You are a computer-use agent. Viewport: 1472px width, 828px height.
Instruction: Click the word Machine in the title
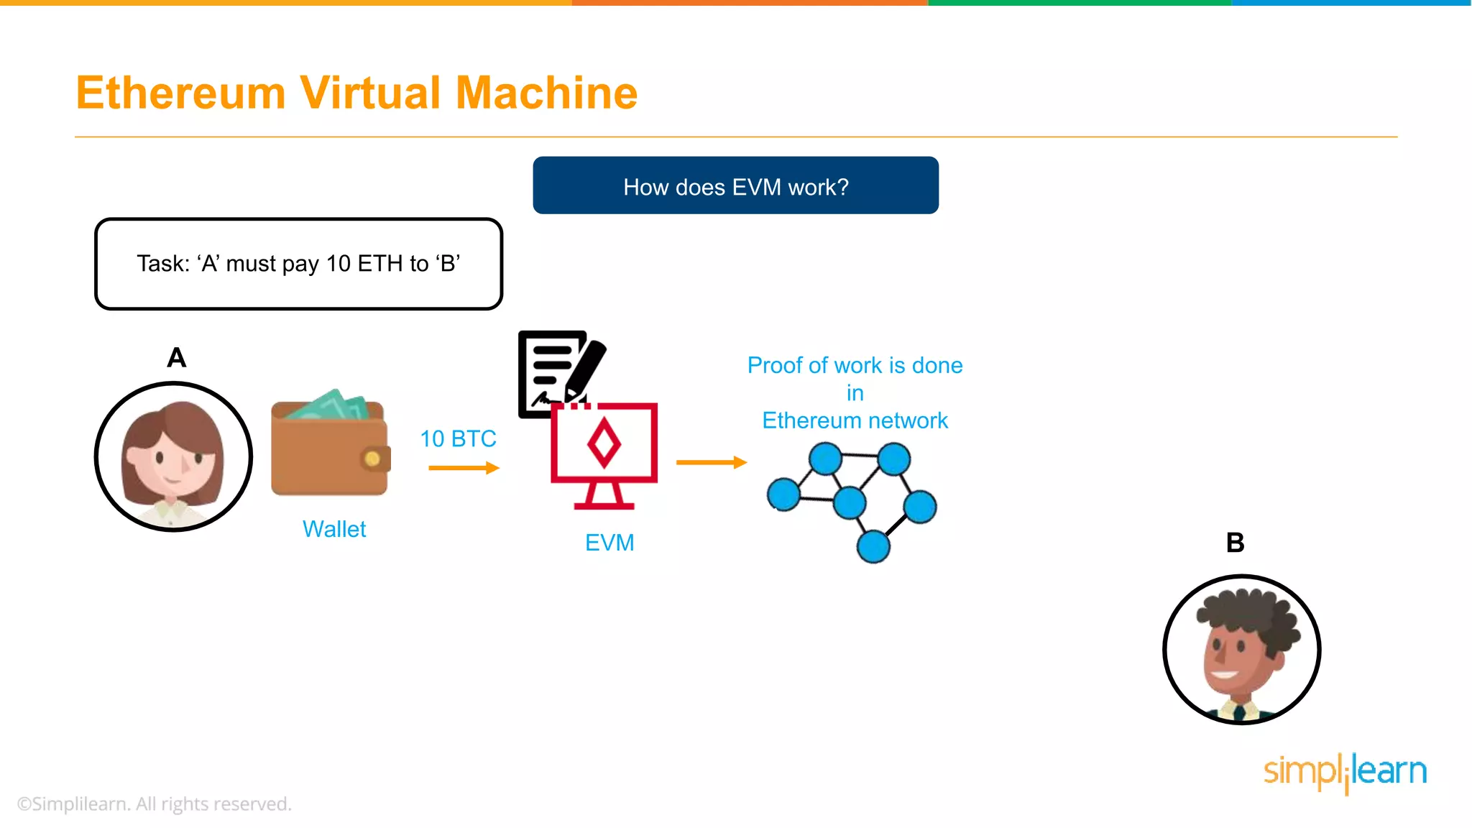point(546,93)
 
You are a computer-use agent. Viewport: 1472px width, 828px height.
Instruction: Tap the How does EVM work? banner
point(735,185)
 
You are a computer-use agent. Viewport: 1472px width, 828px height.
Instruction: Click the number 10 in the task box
point(338,264)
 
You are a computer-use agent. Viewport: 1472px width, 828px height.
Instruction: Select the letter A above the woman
point(176,357)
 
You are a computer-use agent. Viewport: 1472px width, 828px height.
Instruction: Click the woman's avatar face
point(172,460)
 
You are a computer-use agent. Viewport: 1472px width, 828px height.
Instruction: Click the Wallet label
point(334,529)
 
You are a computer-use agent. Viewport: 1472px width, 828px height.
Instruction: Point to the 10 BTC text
point(458,438)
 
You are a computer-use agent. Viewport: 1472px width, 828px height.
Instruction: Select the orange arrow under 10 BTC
point(464,468)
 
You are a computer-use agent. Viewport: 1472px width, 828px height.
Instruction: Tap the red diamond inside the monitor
point(604,443)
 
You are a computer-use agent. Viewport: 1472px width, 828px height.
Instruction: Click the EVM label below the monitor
point(609,543)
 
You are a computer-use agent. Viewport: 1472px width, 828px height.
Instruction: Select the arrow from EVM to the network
point(711,462)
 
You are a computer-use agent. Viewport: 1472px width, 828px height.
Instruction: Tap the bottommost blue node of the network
point(873,546)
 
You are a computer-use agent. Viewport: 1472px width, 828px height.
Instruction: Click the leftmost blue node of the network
point(783,494)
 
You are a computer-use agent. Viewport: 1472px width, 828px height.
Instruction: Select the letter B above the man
point(1235,543)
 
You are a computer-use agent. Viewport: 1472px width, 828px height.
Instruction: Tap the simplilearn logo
point(1345,772)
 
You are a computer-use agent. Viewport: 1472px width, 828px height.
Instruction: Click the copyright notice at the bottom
point(155,804)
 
